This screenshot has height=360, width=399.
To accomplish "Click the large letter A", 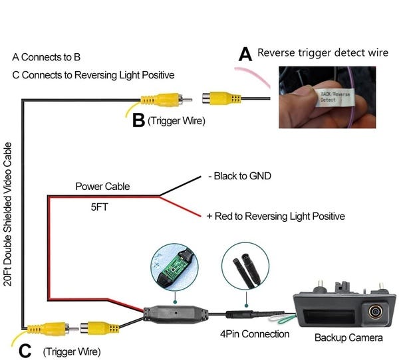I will tap(245, 54).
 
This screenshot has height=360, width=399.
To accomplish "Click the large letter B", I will tap(138, 120).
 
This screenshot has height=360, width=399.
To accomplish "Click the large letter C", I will tap(25, 351).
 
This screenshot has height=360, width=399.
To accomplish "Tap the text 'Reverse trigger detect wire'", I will tap(323, 52).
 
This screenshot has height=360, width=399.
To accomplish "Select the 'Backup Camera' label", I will tap(348, 338).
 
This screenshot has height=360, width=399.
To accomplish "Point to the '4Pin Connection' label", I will tap(255, 334).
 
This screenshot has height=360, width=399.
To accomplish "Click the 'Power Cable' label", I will tap(102, 187).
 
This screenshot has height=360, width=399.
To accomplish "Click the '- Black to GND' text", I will tap(239, 176).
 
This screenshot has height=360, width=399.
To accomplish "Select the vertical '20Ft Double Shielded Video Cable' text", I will tap(8, 213).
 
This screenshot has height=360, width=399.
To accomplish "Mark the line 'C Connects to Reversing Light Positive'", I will tap(93, 75).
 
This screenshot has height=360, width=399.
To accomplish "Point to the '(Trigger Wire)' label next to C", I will tap(71, 351).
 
